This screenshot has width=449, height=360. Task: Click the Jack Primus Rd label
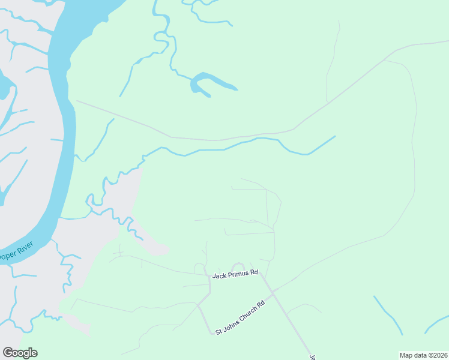[235, 274]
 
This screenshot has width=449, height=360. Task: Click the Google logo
[20, 353]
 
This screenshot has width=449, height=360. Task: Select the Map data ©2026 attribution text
[423, 355]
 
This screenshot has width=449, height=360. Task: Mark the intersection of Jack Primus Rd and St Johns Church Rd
[273, 292]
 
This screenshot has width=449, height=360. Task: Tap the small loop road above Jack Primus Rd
[238, 267]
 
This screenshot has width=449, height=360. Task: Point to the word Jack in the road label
[218, 275]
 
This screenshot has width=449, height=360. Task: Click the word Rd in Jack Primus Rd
[254, 272]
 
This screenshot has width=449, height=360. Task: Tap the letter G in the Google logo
[8, 353]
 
